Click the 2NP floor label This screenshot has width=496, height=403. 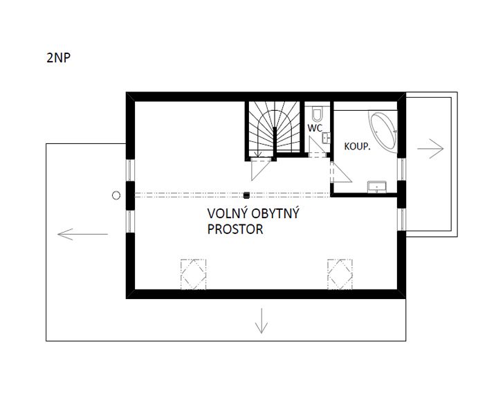tap(59, 58)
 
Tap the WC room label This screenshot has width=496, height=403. tap(315, 128)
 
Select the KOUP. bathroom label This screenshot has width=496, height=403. tap(357, 147)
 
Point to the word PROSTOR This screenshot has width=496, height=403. tap(235, 229)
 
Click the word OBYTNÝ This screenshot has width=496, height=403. tap(275, 214)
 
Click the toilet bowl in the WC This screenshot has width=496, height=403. tap(317, 114)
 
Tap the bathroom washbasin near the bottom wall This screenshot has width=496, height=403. tap(377, 187)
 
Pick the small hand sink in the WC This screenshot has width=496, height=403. tap(326, 138)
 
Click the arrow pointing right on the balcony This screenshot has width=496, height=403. tap(430, 148)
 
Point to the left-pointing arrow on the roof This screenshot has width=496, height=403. tap(82, 234)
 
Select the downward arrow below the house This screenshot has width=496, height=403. tap(261, 321)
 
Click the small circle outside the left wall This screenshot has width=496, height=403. tap(116, 196)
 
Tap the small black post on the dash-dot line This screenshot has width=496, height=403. tap(246, 195)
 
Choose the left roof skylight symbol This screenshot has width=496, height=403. tap(193, 274)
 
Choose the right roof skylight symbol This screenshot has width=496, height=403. tap(340, 274)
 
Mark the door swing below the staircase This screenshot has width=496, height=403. tap(260, 170)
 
